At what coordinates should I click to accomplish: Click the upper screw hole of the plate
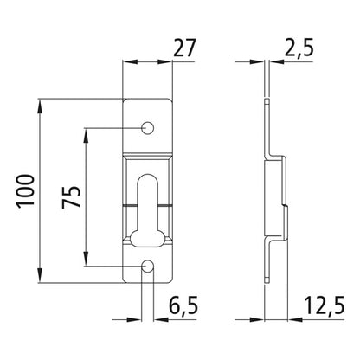pos(148,129)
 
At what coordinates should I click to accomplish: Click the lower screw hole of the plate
pos(148,267)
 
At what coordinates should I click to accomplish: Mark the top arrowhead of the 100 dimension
pos(40,106)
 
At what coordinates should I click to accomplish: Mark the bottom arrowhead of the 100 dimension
pos(40,282)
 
